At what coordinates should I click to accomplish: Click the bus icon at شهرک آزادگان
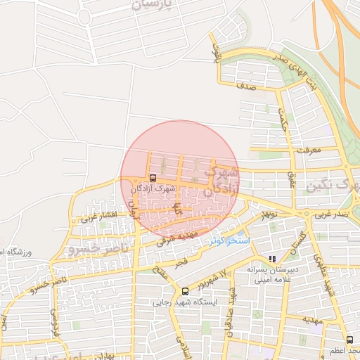tap(153, 178)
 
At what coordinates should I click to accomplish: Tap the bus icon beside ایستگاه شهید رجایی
tap(185, 291)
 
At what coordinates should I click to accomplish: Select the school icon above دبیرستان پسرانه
tap(272, 259)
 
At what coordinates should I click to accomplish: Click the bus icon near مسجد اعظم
tap(349, 340)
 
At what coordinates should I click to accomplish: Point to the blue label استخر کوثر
tap(229, 240)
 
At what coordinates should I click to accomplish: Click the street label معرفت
tap(309, 150)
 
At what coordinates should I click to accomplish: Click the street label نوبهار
tap(268, 213)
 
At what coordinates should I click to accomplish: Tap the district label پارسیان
tap(149, 5)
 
